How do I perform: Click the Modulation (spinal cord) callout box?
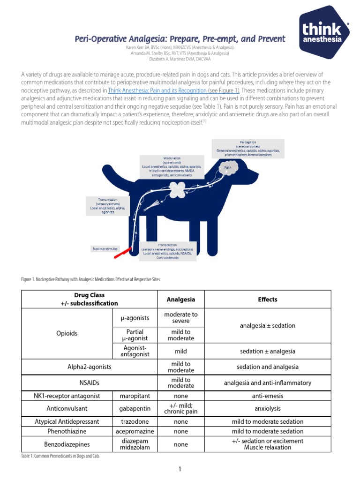tap(172, 166)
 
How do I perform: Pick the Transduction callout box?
tap(167, 251)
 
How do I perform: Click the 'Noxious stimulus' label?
tap(105, 248)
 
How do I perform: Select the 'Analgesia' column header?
tap(181, 299)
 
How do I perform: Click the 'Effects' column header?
tap(268, 299)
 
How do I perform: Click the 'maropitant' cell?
tap(135, 396)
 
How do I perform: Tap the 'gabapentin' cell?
tap(135, 408)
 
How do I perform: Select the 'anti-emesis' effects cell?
tap(268, 396)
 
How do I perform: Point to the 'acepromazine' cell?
tap(135, 431)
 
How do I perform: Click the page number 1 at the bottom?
tap(180, 469)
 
